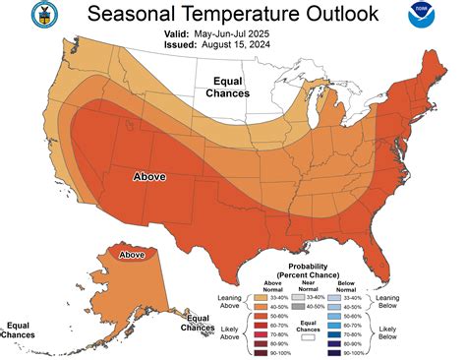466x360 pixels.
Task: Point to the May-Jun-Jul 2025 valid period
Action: coord(248,33)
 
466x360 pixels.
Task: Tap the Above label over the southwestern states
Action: coord(149,177)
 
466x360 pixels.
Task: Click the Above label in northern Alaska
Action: coord(131,255)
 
